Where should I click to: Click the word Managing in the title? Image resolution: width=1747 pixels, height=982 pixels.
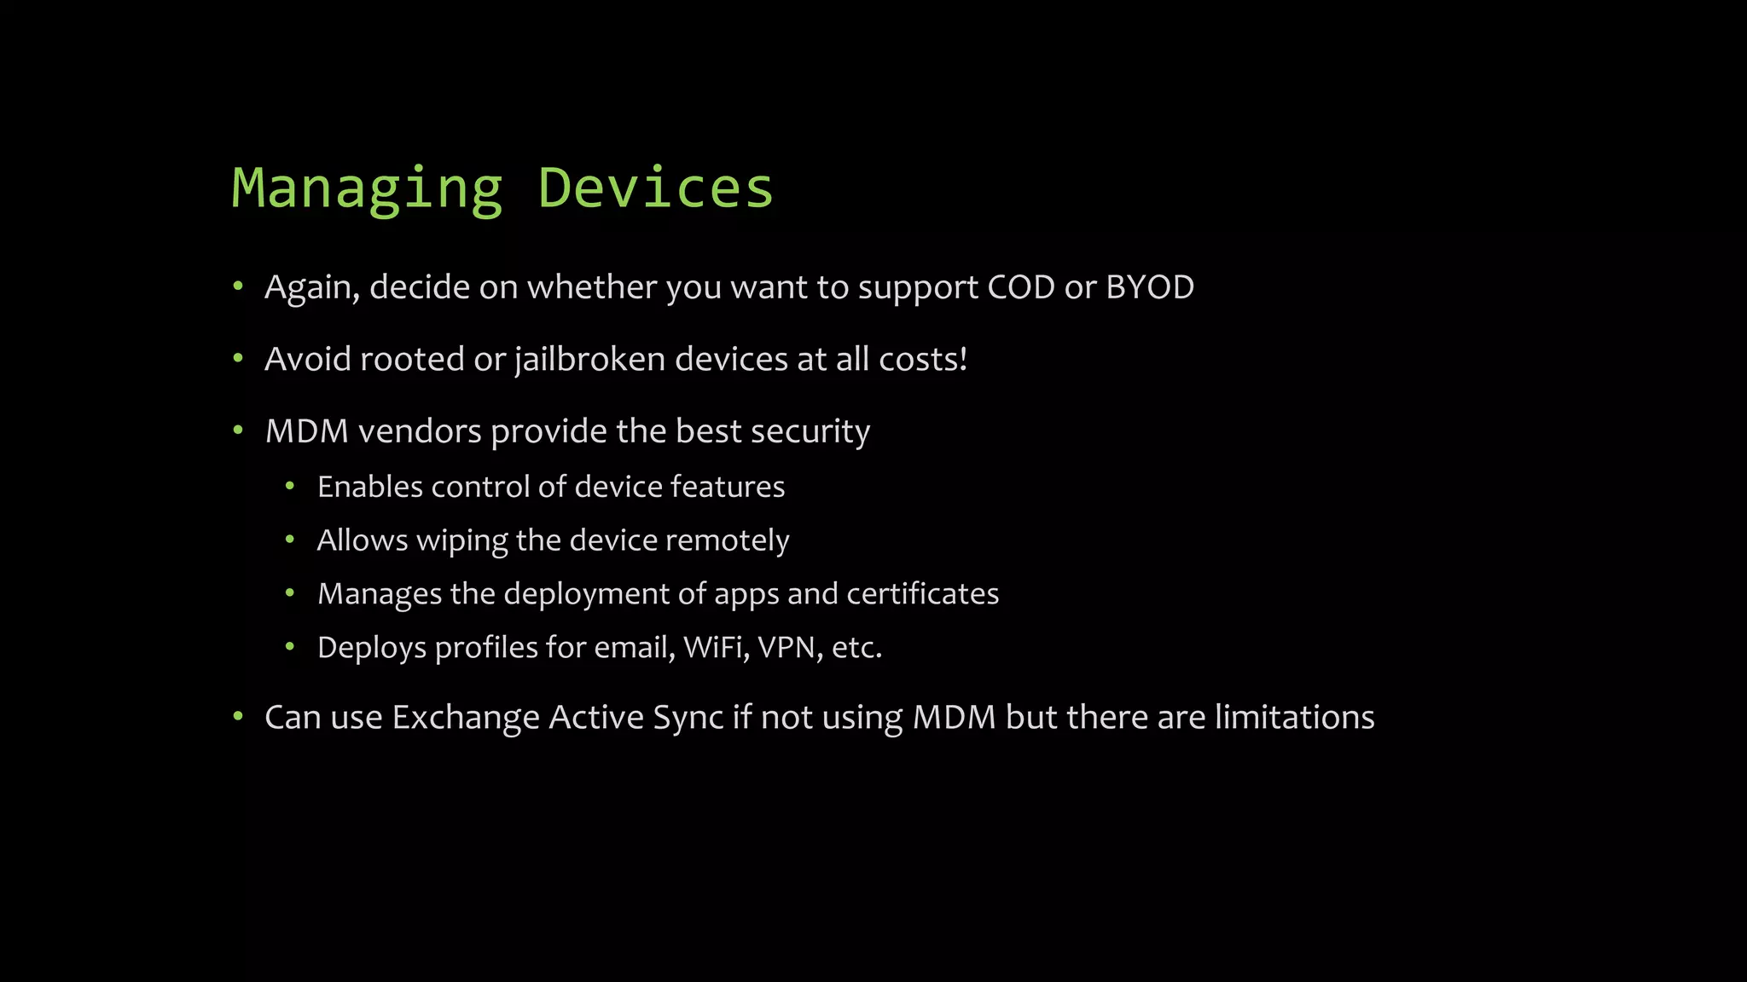click(x=367, y=189)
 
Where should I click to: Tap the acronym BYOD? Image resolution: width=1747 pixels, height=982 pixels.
click(x=1149, y=287)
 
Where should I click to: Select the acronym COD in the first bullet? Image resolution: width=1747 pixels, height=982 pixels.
click(x=1021, y=287)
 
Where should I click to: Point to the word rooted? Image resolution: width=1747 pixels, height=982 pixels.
click(x=411, y=360)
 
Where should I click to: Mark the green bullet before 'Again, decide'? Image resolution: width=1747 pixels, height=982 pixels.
click(x=239, y=286)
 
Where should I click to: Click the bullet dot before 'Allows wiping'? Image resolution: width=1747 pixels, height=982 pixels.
click(x=290, y=540)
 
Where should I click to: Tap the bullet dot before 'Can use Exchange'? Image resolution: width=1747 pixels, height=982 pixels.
click(x=239, y=716)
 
